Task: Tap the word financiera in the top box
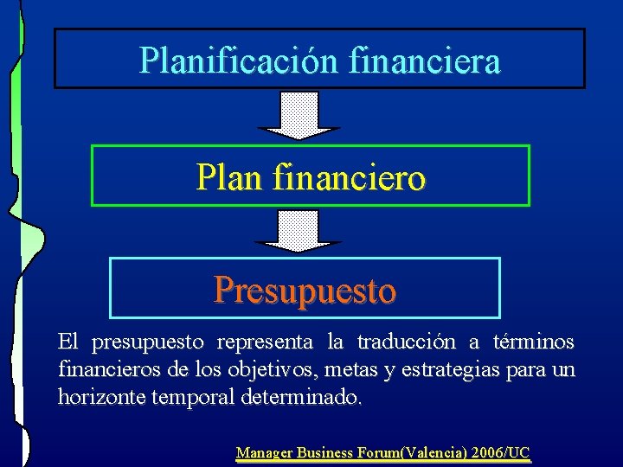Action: [426, 60]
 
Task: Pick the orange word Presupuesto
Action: [305, 290]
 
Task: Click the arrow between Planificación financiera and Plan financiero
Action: [299, 115]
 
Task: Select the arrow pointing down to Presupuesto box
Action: [299, 229]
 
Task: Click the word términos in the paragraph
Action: [534, 342]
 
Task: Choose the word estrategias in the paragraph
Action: [454, 370]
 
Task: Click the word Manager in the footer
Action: [264, 452]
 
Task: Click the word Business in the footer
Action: [324, 452]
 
